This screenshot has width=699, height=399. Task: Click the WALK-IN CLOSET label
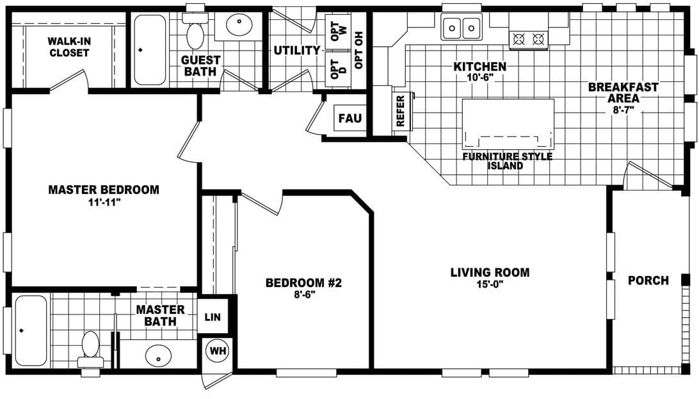(x=68, y=47)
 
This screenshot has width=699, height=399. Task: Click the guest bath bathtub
(x=149, y=49)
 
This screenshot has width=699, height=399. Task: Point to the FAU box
(x=349, y=118)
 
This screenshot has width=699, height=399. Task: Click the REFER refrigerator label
(x=401, y=111)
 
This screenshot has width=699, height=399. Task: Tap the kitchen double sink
(x=462, y=28)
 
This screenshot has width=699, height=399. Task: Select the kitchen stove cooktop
(x=529, y=40)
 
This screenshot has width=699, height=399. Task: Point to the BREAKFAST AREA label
(x=614, y=93)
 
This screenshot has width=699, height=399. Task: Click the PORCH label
(x=648, y=281)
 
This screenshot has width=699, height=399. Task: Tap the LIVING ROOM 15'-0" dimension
(x=490, y=284)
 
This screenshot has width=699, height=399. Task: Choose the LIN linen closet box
(x=213, y=317)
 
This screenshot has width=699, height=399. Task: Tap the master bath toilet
(x=90, y=347)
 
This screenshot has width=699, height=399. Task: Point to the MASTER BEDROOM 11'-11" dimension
(x=103, y=202)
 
